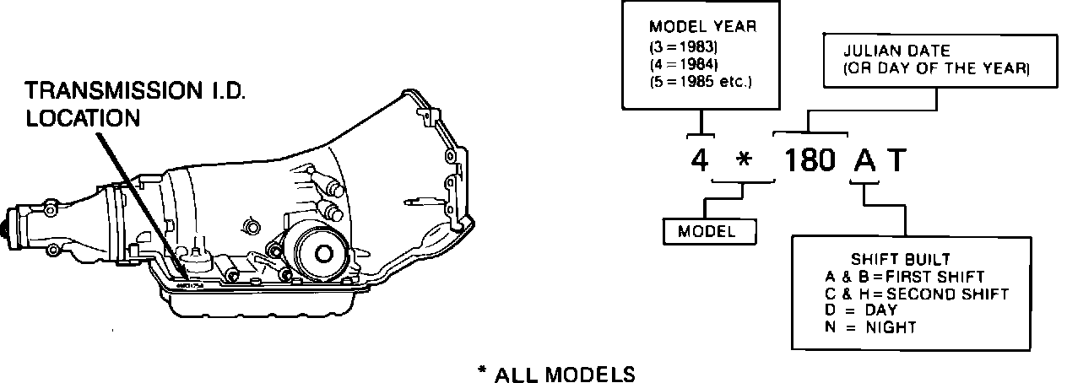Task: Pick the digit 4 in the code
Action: (x=699, y=159)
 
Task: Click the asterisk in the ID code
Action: (x=743, y=161)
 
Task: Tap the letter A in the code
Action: (x=864, y=159)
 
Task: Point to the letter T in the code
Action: (x=896, y=159)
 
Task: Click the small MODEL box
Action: (x=708, y=230)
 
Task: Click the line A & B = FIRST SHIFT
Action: (x=905, y=277)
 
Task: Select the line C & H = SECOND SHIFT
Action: (x=917, y=294)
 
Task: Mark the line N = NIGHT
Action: (x=870, y=327)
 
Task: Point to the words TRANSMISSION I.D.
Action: (x=135, y=90)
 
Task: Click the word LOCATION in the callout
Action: (x=83, y=118)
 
